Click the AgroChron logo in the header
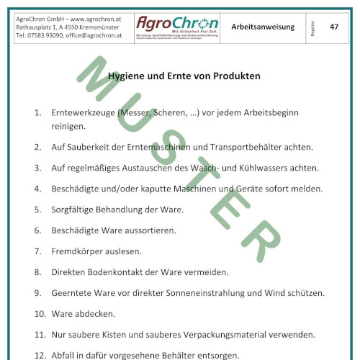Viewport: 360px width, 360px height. tap(177, 26)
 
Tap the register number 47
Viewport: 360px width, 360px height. tap(334, 26)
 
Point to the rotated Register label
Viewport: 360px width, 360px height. tap(312, 27)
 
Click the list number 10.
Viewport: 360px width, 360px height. tap(40, 314)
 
